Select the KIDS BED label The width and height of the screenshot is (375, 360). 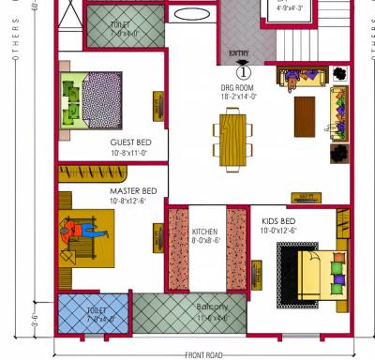(280, 220)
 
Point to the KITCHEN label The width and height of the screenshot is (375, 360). (205, 232)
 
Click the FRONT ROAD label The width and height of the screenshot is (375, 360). (203, 354)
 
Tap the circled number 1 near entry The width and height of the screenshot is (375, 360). (243, 71)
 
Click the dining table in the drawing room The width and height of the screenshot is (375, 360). (232, 135)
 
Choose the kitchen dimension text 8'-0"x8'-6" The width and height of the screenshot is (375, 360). (205, 240)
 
